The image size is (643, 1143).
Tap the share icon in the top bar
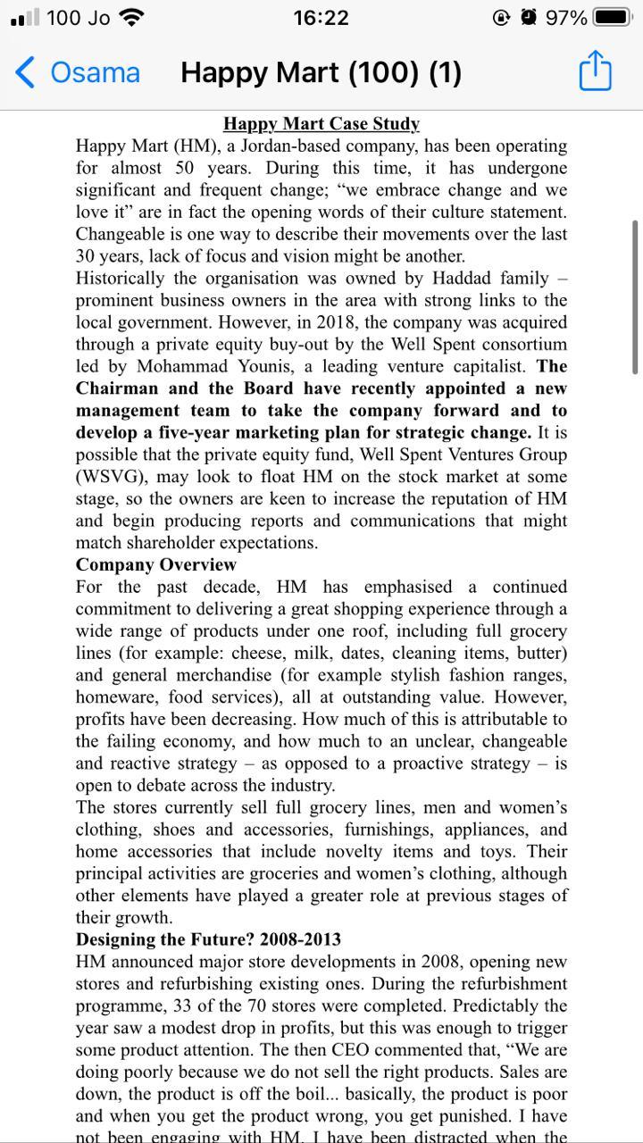point(596,71)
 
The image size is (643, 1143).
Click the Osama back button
point(78,72)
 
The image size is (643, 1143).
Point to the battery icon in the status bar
point(613,17)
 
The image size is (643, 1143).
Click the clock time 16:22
point(321,18)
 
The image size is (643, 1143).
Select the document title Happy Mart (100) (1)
point(321,72)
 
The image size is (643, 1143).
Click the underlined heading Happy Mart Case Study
point(321,124)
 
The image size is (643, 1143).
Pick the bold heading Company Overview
point(156,565)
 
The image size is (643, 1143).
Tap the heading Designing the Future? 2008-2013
point(208,940)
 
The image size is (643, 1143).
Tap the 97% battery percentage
point(566,18)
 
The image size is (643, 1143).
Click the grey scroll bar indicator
point(635,295)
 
